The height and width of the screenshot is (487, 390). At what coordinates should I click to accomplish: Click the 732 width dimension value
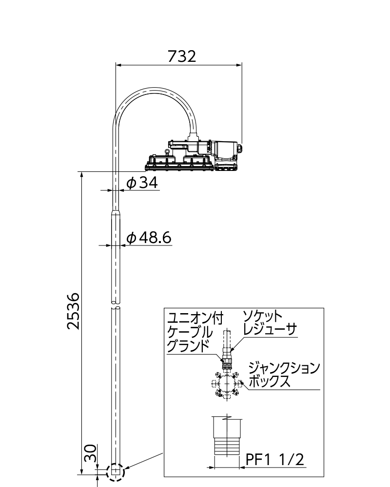coord(182,56)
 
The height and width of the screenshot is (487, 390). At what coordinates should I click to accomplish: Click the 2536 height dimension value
coord(74,311)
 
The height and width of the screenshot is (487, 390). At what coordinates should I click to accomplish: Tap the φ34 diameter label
coord(142,183)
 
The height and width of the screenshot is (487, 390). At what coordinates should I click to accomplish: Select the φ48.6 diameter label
coord(149,238)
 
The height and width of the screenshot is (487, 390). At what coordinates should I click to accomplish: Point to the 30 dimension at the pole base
coord(90,453)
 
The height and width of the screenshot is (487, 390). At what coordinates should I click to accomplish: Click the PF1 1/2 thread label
coord(275,459)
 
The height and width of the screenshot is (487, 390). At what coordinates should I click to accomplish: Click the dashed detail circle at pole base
coord(116,472)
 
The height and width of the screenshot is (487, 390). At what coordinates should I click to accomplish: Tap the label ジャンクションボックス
coord(284,375)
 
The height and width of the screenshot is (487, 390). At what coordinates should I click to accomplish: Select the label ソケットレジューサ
coord(270,323)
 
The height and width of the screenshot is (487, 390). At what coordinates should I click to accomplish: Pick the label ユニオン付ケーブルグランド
coord(195,332)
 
